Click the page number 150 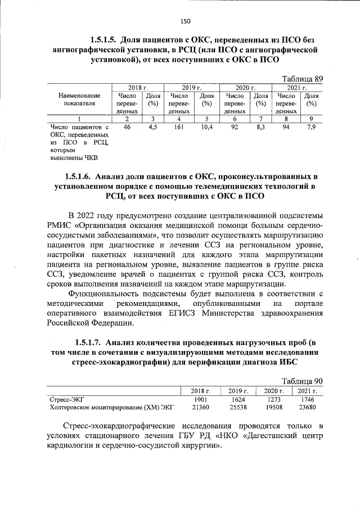pyautogui.click(x=185, y=21)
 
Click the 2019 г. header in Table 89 pyautogui.click(x=191, y=88)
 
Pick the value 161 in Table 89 pyautogui.click(x=179, y=128)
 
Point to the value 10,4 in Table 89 pyautogui.click(x=206, y=128)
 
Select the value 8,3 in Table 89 pyautogui.click(x=260, y=128)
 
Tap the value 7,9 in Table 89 pyautogui.click(x=311, y=128)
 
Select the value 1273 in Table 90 pyautogui.click(x=272, y=399)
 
